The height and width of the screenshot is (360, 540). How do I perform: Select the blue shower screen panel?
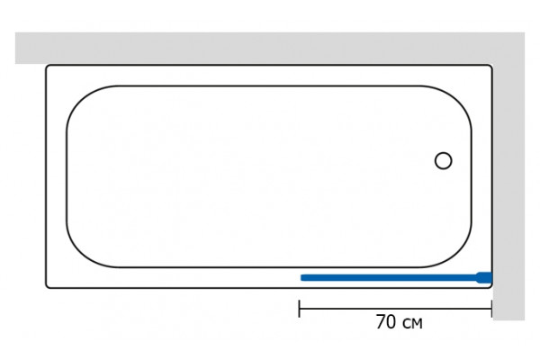tap(396, 278)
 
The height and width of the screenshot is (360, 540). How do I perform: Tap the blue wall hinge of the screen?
tap(484, 278)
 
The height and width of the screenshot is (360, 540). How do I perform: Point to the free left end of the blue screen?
tap(301, 278)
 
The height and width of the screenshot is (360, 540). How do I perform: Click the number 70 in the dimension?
tap(386, 322)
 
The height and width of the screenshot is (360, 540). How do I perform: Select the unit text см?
tap(412, 323)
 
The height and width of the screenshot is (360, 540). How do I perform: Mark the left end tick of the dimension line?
tap(300, 309)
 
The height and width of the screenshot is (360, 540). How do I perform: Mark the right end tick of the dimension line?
tap(491, 309)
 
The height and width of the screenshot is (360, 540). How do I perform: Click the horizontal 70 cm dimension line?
tap(395, 309)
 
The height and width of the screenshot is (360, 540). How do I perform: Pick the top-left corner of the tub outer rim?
tap(47, 66)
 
